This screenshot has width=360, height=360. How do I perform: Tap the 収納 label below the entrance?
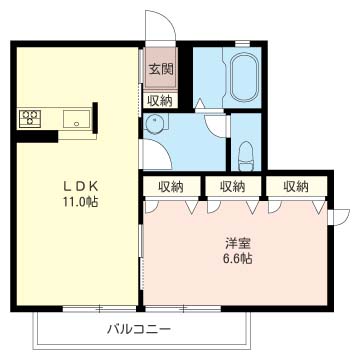pyautogui.click(x=160, y=99)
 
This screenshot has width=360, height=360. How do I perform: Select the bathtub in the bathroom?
pyautogui.click(x=244, y=77)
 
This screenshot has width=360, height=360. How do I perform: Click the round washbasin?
pyautogui.click(x=155, y=124)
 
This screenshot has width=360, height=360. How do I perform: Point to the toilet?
pyautogui.click(x=244, y=154)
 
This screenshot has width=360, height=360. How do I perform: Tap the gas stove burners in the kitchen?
pyautogui.click(x=29, y=118)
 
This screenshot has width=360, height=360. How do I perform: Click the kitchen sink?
pyautogui.click(x=75, y=119)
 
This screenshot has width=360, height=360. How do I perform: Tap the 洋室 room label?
pyautogui.click(x=236, y=242)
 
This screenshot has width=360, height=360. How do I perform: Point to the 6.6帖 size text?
pyautogui.click(x=236, y=258)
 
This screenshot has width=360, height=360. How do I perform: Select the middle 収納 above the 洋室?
pyautogui.click(x=232, y=186)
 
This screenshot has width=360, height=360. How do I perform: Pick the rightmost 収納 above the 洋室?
pyautogui.click(x=294, y=186)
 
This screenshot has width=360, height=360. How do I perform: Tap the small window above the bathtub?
pyautogui.click(x=242, y=42)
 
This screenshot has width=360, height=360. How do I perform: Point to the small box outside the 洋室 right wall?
pyautogui.click(x=341, y=214)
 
